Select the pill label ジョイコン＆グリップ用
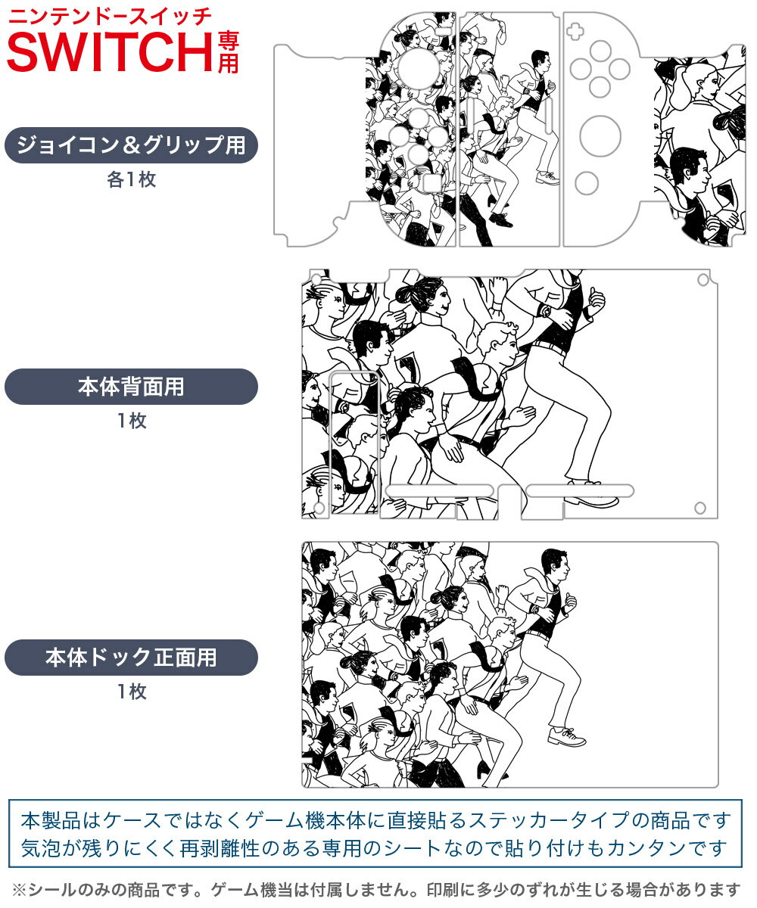click(x=131, y=145)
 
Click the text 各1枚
click(x=131, y=180)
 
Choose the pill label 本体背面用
click(x=131, y=387)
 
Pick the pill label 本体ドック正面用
click(x=131, y=657)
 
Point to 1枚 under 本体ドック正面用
click(x=131, y=692)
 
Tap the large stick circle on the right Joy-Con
click(x=600, y=136)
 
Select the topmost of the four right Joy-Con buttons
click(x=600, y=51)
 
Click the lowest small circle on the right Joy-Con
click(x=587, y=182)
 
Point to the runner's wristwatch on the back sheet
click(x=544, y=310)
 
